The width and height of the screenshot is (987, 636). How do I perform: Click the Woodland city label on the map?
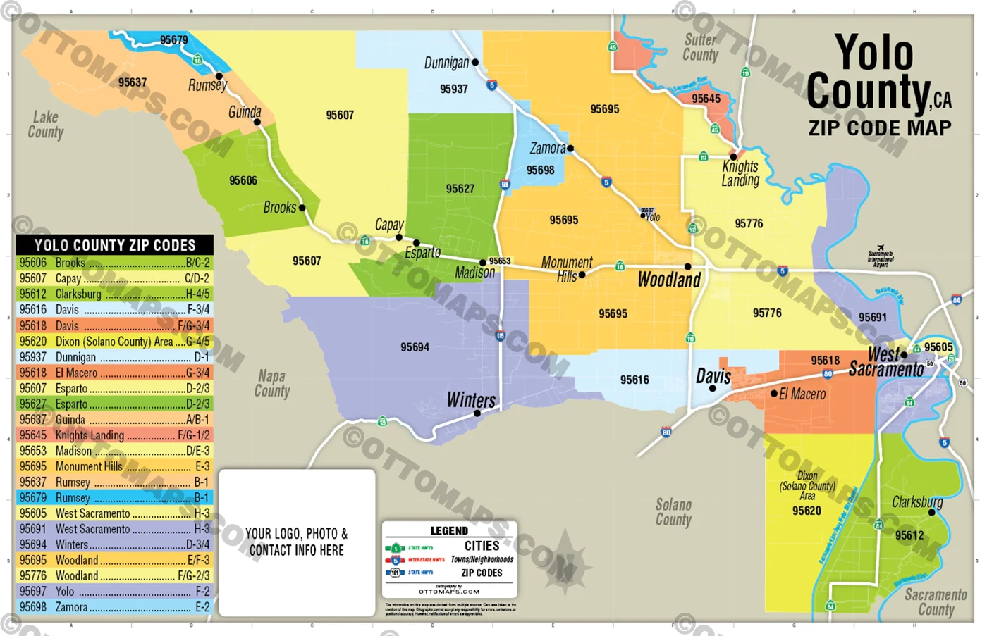click(x=668, y=280)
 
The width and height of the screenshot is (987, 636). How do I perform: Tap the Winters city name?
click(x=471, y=400)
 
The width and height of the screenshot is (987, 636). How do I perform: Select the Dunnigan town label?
click(x=446, y=63)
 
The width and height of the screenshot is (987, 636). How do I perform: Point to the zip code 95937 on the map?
click(x=453, y=89)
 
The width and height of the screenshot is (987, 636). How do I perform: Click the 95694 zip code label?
click(x=415, y=347)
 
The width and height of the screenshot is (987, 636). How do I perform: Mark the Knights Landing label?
click(x=740, y=173)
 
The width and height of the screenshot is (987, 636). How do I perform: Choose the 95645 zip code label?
click(x=706, y=99)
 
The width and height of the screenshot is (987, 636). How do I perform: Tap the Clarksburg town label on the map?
click(x=916, y=501)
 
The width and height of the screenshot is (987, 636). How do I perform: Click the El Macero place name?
click(x=802, y=394)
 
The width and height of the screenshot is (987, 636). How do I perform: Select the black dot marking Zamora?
click(x=570, y=149)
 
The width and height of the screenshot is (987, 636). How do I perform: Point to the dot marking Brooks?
click(x=302, y=208)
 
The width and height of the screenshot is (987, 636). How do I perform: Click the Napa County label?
click(x=271, y=384)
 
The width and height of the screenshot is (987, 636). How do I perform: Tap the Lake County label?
click(x=46, y=125)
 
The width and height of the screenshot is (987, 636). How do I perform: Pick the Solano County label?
click(x=673, y=512)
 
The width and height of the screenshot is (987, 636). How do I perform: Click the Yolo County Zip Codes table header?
click(x=114, y=245)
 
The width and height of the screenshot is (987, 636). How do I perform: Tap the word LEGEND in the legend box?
click(x=449, y=530)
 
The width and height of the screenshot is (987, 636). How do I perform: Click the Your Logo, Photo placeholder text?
click(x=296, y=542)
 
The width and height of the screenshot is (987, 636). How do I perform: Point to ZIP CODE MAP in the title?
click(x=880, y=128)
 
